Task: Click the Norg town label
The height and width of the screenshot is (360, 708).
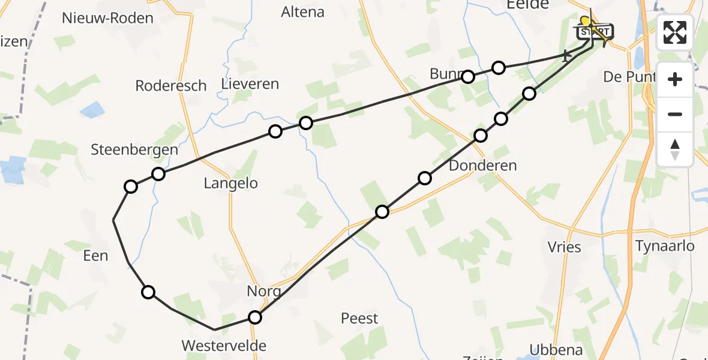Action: click(264, 292)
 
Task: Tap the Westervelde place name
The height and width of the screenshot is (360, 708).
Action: click(224, 346)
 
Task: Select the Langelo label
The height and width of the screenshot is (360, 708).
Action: click(231, 184)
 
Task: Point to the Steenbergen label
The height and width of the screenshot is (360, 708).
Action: click(134, 150)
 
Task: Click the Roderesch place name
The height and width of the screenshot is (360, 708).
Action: click(171, 86)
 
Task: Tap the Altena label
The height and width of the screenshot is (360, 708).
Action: click(302, 12)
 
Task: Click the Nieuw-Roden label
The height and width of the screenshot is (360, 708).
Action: click(108, 18)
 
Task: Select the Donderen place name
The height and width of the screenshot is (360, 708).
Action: click(482, 166)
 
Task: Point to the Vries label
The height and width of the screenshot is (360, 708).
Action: click(565, 247)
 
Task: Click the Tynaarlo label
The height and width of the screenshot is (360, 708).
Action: click(665, 246)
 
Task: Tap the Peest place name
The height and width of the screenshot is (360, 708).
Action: click(359, 318)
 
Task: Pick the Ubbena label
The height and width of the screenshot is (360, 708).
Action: click(556, 350)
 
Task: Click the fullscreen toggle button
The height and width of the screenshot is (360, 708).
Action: click(675, 32)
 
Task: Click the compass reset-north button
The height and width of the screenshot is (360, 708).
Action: click(675, 149)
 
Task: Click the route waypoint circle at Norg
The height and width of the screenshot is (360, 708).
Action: click(255, 317)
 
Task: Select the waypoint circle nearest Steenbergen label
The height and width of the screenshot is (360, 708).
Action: click(158, 174)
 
